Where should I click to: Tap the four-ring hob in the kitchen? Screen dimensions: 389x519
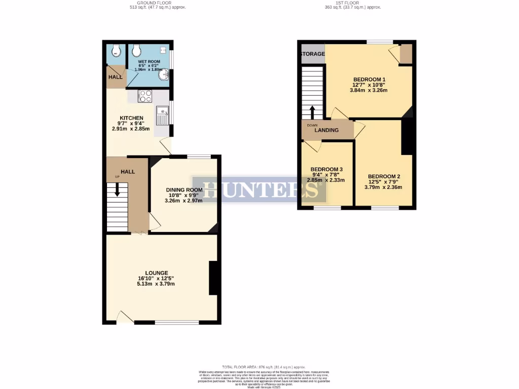coord(145,96)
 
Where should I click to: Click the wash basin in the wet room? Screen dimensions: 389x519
coord(164,75)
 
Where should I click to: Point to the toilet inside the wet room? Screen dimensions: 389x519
coord(136,50)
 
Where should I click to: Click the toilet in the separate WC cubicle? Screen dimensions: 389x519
coord(117,50)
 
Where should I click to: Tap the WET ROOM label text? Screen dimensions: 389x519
coord(149,62)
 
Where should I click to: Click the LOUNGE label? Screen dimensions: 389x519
coord(156,273)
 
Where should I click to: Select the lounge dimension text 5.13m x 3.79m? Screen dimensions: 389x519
coord(156,284)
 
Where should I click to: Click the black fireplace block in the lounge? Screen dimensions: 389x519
coord(214,278)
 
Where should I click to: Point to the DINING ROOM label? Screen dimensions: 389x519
coord(184,190)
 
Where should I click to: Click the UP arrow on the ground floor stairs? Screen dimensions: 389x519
coord(117,189)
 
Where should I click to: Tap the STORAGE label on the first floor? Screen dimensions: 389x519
coord(313,54)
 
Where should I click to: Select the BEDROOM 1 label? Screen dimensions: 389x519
coord(369,80)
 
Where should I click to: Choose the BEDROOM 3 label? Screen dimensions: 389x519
coord(326,169)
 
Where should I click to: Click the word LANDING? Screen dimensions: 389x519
coord(326,130)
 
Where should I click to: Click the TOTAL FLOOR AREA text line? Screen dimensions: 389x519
coord(263,366)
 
